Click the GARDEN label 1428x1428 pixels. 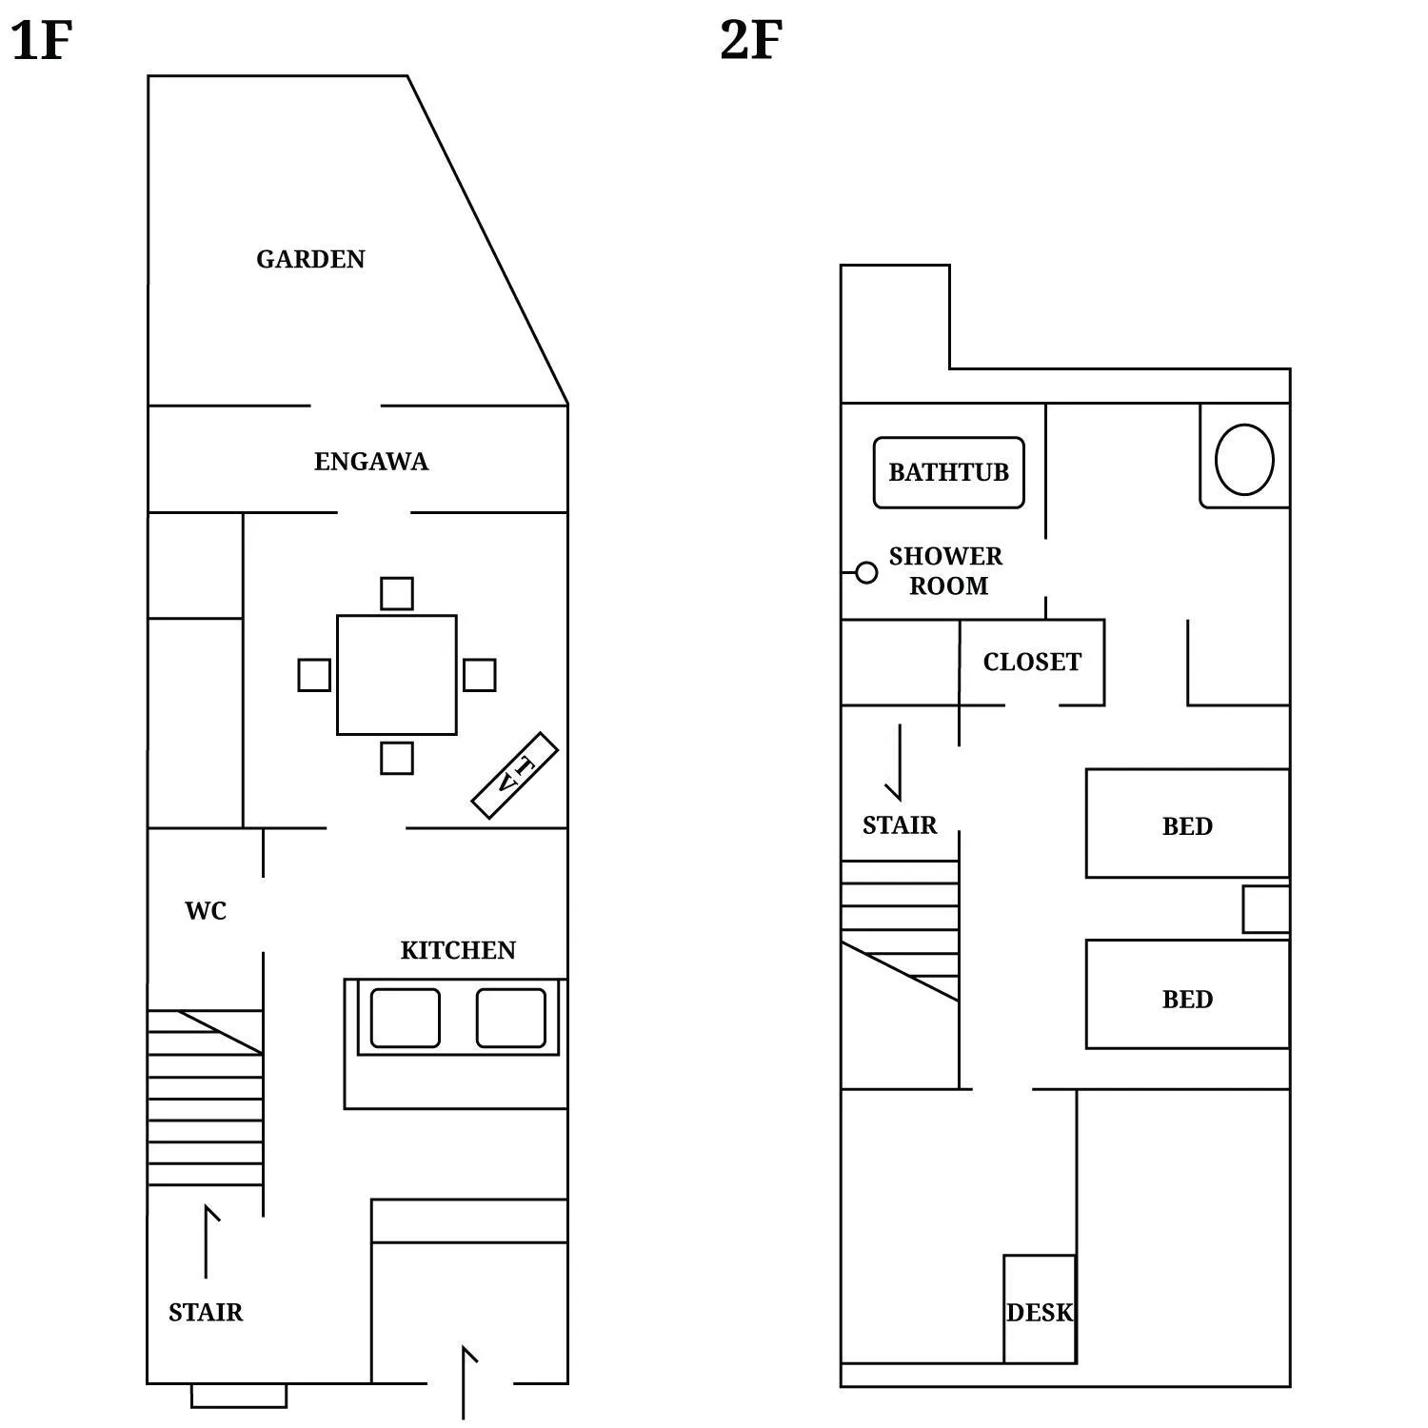point(310,259)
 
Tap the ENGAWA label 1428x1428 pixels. point(371,462)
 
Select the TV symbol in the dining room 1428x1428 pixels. point(515,775)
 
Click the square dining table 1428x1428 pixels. point(397,675)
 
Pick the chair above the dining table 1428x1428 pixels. point(397,593)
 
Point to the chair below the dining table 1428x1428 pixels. point(397,758)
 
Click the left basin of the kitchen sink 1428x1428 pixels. point(406,1018)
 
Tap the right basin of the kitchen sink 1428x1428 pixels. point(511,1018)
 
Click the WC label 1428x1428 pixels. point(206,911)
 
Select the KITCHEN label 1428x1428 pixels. point(458,950)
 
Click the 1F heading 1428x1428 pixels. point(41,41)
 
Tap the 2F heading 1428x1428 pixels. point(751,41)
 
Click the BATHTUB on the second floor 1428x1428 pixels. point(949,472)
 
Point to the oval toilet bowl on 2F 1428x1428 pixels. point(1244,459)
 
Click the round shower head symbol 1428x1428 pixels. point(866,572)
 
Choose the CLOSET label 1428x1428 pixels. point(1032,662)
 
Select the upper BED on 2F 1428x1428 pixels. point(1187,823)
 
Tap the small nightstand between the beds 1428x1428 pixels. point(1266,909)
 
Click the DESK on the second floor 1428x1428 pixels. point(1040,1310)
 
